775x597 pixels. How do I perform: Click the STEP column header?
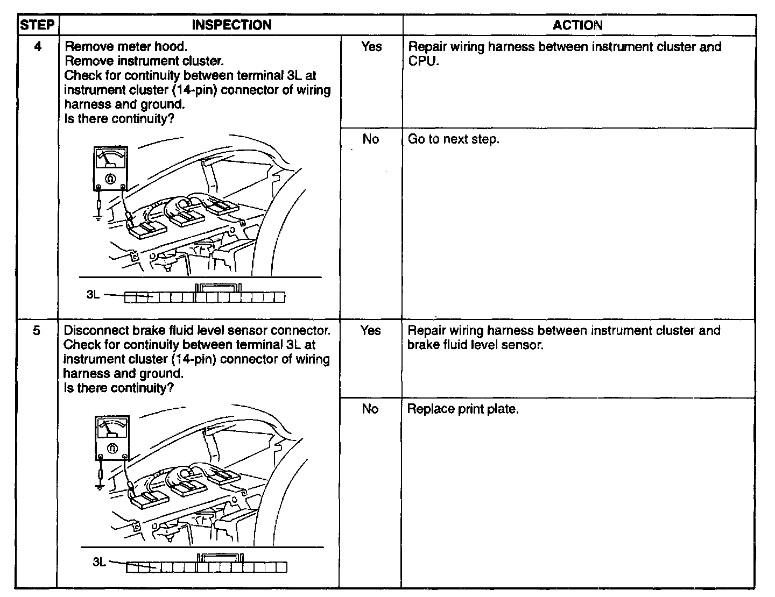click(37, 25)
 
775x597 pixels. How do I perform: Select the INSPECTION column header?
click(231, 25)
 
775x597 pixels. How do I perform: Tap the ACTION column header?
click(577, 25)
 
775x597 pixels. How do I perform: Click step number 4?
click(37, 47)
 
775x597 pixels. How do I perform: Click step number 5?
click(37, 331)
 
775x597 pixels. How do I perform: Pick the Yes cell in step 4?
click(371, 47)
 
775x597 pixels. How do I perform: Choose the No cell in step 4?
click(371, 139)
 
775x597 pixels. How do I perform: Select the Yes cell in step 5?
click(370, 331)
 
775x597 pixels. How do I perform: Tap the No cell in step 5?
click(370, 409)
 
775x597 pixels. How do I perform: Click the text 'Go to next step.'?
click(454, 139)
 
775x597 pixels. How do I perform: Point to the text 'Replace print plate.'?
click(463, 409)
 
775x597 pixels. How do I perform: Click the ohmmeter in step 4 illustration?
click(110, 169)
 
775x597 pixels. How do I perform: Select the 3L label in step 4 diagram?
click(93, 295)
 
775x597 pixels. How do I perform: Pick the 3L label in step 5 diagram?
click(99, 562)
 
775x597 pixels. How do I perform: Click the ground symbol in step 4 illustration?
click(98, 217)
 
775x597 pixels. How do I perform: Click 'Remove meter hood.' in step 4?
click(126, 47)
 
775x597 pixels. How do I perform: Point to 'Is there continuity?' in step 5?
click(118, 388)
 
